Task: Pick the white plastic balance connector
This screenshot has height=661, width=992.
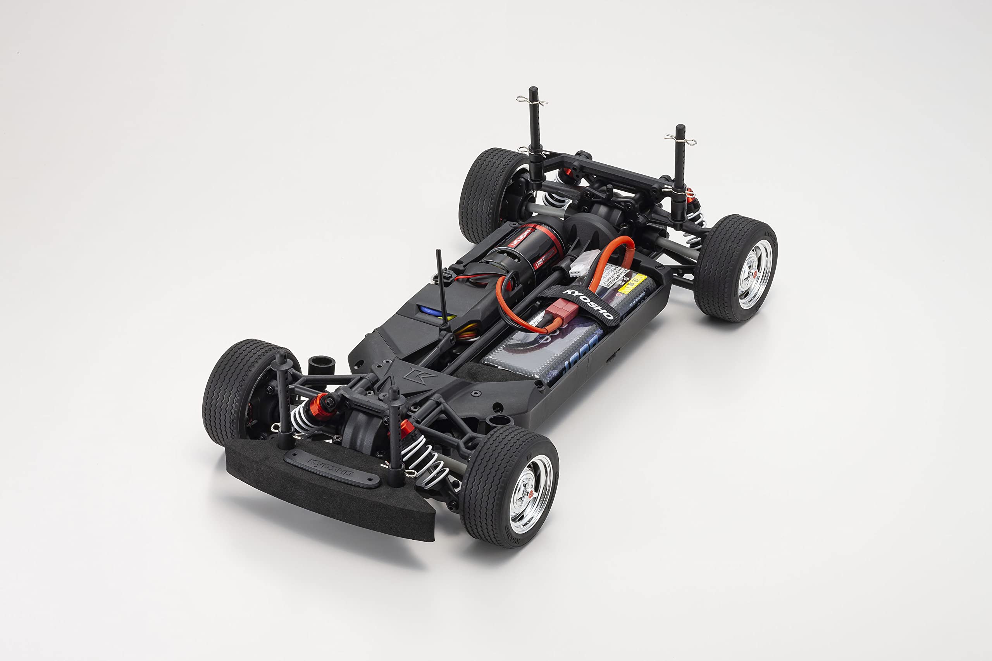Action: click(584, 263)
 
